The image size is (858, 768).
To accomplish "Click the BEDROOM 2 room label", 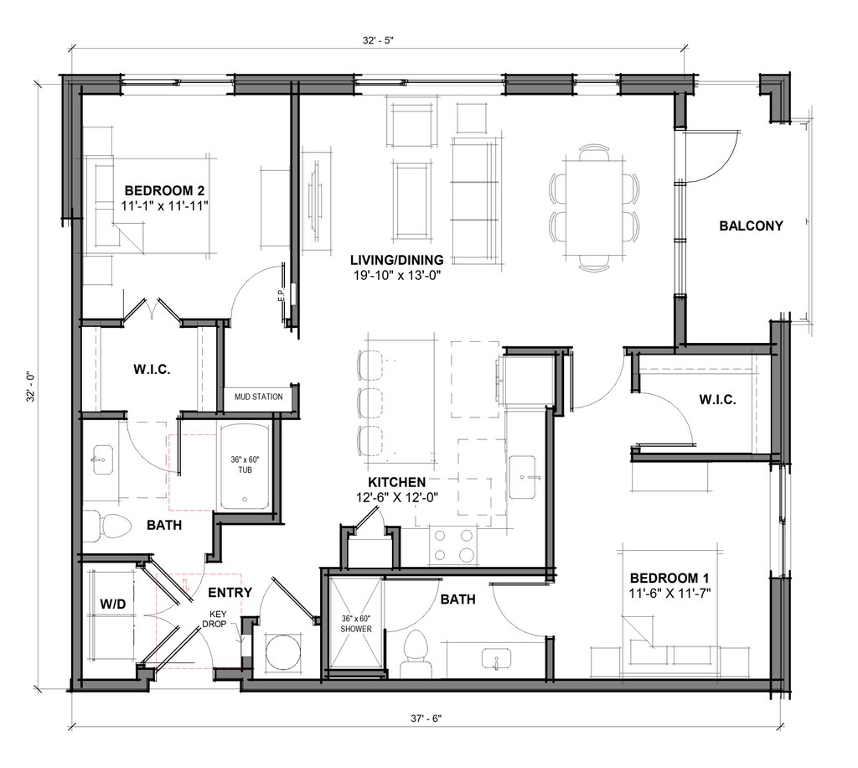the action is (x=165, y=189).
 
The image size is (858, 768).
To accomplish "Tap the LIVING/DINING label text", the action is (x=396, y=259).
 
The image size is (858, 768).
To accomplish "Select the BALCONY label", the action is (x=751, y=226).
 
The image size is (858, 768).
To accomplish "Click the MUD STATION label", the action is (x=258, y=397).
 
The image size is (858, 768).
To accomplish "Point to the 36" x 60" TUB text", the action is (x=246, y=464).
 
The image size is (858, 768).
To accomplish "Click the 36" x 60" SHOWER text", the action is (x=355, y=623).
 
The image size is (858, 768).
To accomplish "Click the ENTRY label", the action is (x=230, y=593).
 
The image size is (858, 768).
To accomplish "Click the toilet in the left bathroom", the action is (x=108, y=526).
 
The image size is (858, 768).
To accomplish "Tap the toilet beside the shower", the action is (x=415, y=652).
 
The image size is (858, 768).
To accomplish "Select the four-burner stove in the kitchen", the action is (x=452, y=545).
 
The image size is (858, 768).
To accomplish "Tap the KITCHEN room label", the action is (x=396, y=482).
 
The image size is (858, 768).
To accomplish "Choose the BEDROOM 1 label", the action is (x=669, y=578).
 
